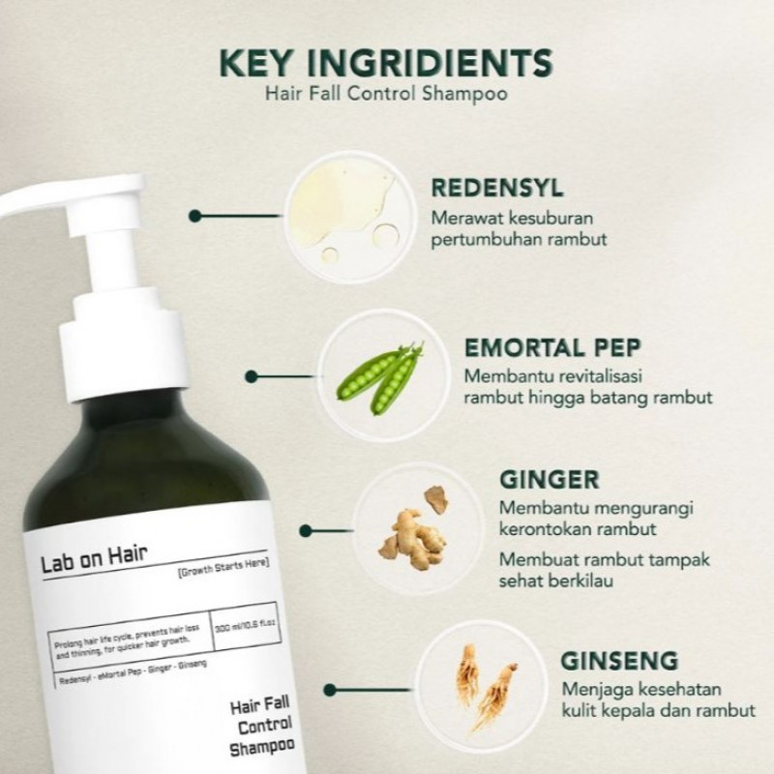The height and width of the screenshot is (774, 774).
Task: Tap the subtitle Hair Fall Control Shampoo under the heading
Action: (387, 95)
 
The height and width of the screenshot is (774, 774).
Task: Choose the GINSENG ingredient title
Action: (619, 663)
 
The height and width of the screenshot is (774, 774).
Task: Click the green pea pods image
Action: (379, 378)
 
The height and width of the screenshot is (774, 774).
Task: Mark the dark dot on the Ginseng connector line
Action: (329, 689)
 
